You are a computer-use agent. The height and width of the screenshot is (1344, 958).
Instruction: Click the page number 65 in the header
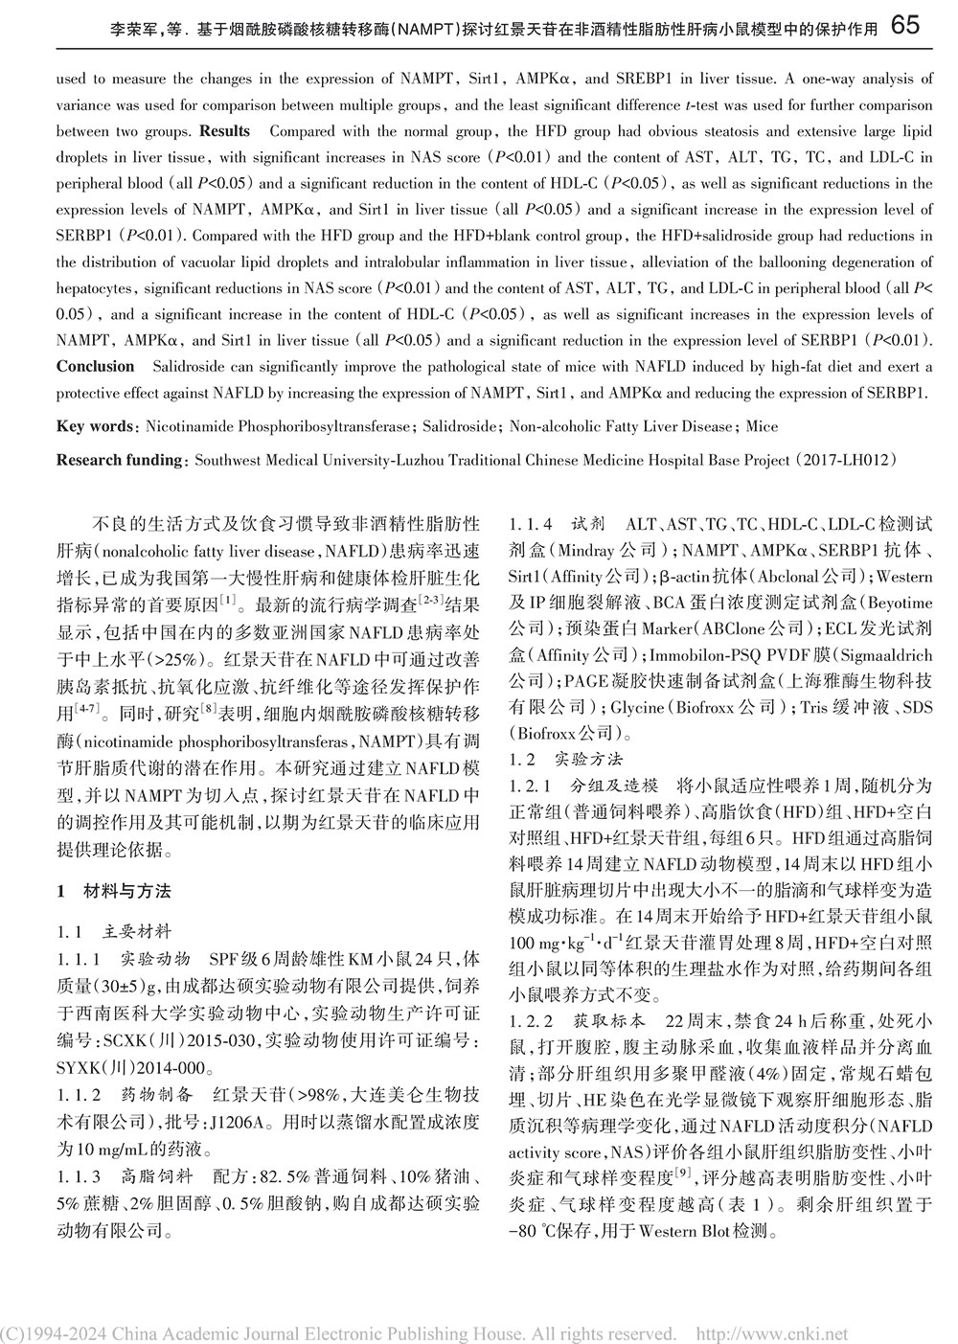pos(905,26)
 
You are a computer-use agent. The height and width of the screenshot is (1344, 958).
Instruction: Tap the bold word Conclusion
pos(95,366)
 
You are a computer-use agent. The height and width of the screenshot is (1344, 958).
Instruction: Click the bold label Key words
pos(95,426)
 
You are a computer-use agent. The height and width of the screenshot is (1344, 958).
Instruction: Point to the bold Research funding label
pos(119,460)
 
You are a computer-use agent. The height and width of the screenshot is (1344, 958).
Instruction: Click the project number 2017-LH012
pos(849,460)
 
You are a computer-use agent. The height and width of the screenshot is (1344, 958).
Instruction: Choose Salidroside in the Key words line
pos(451,426)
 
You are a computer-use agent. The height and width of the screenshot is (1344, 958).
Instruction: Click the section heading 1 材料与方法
pos(114,891)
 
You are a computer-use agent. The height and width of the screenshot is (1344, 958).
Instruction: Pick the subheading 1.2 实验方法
pos(566,760)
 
